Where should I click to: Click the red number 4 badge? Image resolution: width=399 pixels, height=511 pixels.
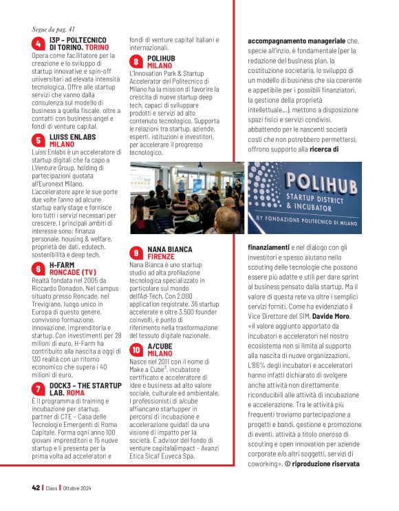click(39, 44)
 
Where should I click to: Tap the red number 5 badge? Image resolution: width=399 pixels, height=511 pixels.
click(39, 140)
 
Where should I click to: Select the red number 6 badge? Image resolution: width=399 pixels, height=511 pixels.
click(39, 268)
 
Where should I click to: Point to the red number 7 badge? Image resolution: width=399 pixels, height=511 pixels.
click(39, 388)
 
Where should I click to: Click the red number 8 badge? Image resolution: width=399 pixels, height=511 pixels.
click(137, 62)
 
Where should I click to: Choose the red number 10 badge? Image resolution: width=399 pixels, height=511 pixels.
click(137, 350)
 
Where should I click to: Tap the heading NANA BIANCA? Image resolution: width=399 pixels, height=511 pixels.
click(171, 249)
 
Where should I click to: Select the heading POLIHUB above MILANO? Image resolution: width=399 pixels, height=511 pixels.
click(161, 59)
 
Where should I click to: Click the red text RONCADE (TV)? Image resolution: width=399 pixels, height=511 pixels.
click(72, 271)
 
